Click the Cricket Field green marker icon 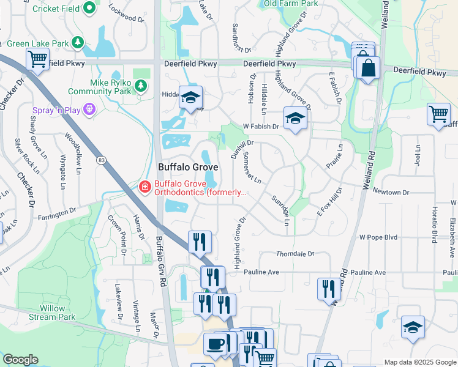(89, 9)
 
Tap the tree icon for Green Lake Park (77, 43)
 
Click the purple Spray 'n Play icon (89, 109)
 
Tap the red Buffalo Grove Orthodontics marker (145, 187)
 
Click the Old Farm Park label (290, 4)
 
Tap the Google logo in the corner (20, 360)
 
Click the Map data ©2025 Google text (420, 362)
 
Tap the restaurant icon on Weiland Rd (329, 288)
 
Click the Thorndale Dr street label (295, 253)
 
